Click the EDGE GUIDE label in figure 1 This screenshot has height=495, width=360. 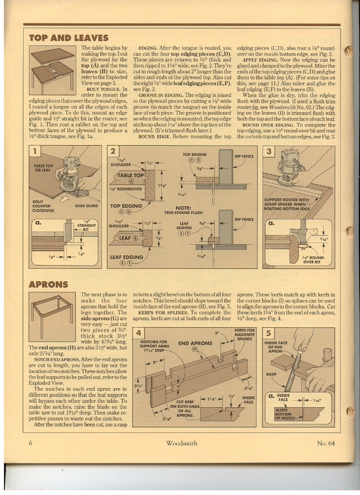(x=86, y=206)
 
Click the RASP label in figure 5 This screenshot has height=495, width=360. (x=271, y=374)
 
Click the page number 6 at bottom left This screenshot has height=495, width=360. (x=31, y=443)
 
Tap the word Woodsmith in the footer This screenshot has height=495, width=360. (x=181, y=443)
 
